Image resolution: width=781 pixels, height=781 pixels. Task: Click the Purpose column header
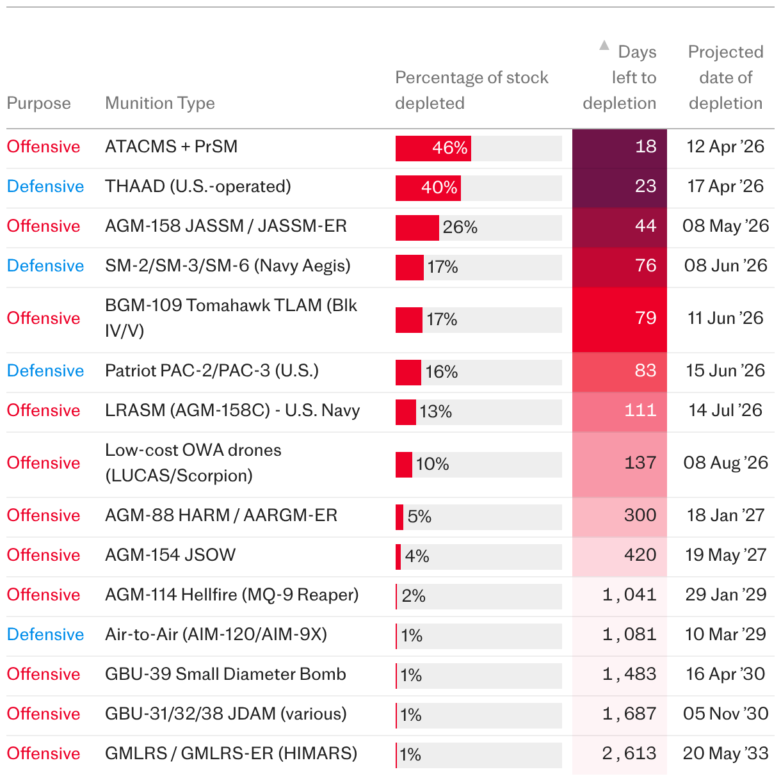point(38,103)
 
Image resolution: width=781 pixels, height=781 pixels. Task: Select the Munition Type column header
point(159,103)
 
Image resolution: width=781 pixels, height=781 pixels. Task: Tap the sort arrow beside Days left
point(604,45)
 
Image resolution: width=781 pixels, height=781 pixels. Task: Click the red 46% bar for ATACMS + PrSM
point(433,149)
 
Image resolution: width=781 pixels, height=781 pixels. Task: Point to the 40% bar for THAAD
point(428,188)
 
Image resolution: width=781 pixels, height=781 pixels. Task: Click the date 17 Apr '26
point(725,186)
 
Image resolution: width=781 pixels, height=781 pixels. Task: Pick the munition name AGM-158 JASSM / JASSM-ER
point(225,226)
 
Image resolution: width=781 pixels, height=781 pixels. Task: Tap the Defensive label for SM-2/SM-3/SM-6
point(45,266)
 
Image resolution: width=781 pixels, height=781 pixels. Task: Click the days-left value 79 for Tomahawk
point(645,318)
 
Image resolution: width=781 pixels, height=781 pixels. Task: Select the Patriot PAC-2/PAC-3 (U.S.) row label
point(211,371)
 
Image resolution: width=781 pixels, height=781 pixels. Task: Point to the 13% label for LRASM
point(435,412)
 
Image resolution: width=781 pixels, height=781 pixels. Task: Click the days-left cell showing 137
point(640,463)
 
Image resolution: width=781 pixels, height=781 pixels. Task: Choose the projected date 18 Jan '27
point(725,515)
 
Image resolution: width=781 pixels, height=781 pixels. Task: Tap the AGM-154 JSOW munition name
point(170,555)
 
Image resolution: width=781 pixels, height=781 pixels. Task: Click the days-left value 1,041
point(629,595)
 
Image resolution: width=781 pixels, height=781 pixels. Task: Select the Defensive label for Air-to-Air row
point(45,634)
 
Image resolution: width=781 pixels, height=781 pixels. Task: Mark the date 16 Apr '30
point(725,674)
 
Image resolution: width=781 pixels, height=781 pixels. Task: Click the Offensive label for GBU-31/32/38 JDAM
point(44,714)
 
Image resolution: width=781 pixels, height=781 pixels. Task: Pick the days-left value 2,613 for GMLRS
point(629,753)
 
